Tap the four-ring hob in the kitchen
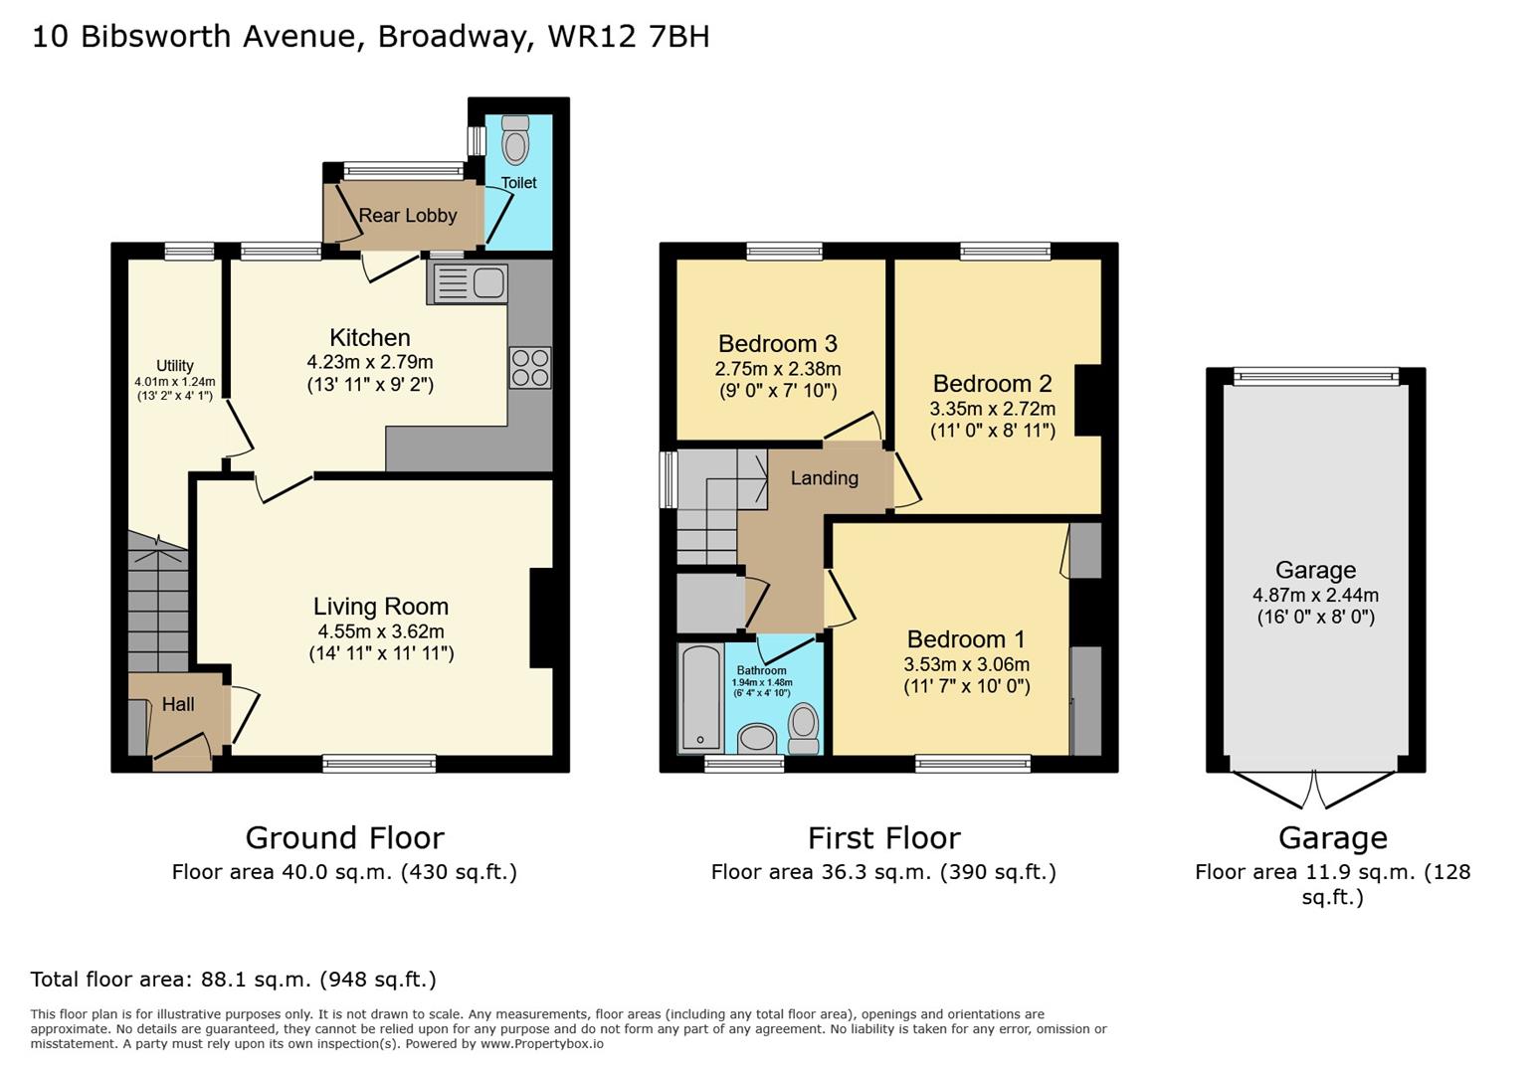(530, 367)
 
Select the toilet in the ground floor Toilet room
(515, 140)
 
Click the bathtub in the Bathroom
(701, 697)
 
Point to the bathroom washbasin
(758, 738)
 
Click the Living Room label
(381, 607)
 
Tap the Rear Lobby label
(408, 216)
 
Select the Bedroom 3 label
(778, 344)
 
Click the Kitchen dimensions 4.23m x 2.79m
(370, 362)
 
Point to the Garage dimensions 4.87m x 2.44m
(1315, 596)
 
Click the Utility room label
(175, 366)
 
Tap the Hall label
(178, 704)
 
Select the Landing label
(825, 478)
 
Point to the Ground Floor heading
(344, 838)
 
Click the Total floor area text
(234, 980)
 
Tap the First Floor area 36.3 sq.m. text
(883, 872)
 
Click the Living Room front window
(379, 764)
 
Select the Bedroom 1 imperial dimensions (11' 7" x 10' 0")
(967, 686)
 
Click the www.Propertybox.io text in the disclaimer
(541, 1044)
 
